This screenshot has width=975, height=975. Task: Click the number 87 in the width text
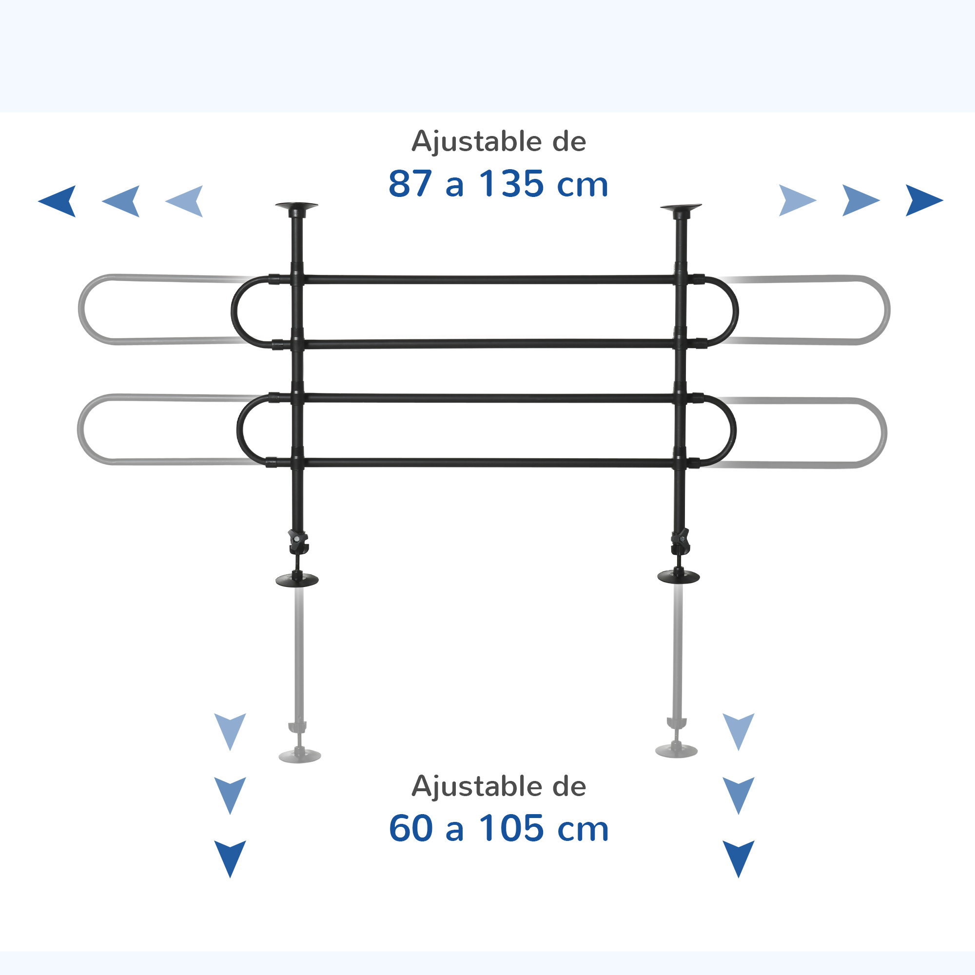[x=410, y=184]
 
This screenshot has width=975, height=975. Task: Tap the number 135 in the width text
[x=511, y=184]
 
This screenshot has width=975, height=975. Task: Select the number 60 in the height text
[x=411, y=829]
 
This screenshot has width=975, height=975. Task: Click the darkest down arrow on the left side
[x=230, y=859]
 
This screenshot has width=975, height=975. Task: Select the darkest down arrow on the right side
[x=739, y=859]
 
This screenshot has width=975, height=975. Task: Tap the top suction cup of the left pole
[x=297, y=207]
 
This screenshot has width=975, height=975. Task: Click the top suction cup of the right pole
[x=681, y=208]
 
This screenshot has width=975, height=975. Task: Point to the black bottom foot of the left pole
[x=297, y=579]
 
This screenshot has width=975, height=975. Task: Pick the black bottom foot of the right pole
[x=679, y=577]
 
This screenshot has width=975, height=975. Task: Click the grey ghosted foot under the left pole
[x=300, y=756]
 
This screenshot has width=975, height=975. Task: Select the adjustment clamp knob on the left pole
[x=298, y=542]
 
